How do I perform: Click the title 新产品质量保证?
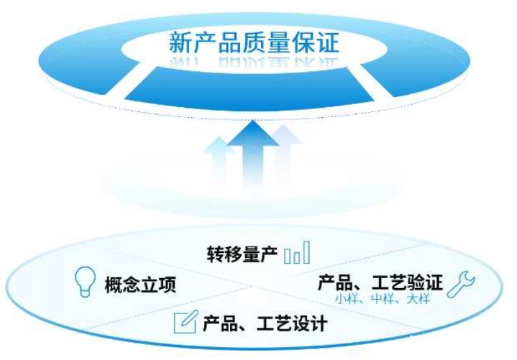(x=254, y=42)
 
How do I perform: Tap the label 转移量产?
(x=242, y=254)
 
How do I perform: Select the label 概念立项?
(x=140, y=285)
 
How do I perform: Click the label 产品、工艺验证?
(x=380, y=282)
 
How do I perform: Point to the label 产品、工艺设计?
(x=265, y=323)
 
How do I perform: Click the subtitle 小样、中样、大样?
(x=383, y=299)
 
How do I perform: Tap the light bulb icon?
(x=86, y=282)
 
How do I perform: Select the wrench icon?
(x=461, y=285)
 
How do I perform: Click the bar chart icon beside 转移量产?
(x=297, y=252)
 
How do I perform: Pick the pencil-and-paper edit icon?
(x=186, y=321)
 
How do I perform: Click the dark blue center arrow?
(x=253, y=152)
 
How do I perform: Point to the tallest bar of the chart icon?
(x=306, y=252)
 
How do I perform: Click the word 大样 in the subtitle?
(x=418, y=299)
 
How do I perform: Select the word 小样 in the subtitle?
(x=346, y=299)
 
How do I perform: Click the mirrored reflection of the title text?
(x=255, y=63)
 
